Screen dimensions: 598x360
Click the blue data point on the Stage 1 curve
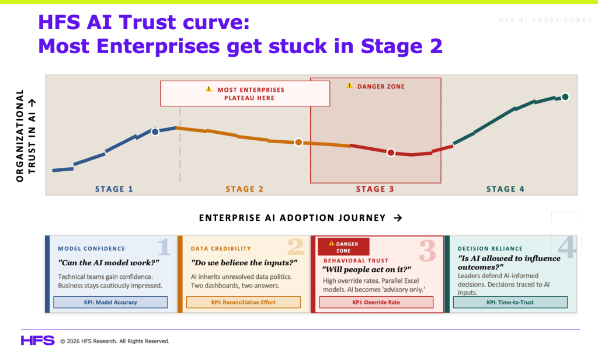point(155,131)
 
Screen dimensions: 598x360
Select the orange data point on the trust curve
point(298,143)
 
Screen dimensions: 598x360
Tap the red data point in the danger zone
point(391,153)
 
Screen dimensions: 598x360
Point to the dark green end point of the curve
point(565,97)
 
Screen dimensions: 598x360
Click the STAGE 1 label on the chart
point(114,189)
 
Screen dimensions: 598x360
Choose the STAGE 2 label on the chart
point(245,189)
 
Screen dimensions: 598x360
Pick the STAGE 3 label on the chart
point(375,189)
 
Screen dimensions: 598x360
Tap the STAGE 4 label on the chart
point(505,189)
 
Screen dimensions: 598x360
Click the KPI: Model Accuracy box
point(110,302)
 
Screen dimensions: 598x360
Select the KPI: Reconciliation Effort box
point(244,302)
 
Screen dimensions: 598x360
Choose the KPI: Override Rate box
point(376,302)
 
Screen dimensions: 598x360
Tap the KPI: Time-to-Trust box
point(510,302)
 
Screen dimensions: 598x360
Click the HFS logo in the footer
point(38,341)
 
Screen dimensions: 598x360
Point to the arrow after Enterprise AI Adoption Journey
point(398,218)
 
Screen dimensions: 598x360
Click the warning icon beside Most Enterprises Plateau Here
point(208,89)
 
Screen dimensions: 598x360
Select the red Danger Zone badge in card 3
point(343,247)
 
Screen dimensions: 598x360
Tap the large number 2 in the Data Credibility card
point(295,247)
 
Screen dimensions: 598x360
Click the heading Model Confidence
point(92,248)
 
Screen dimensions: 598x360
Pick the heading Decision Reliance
point(490,248)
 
